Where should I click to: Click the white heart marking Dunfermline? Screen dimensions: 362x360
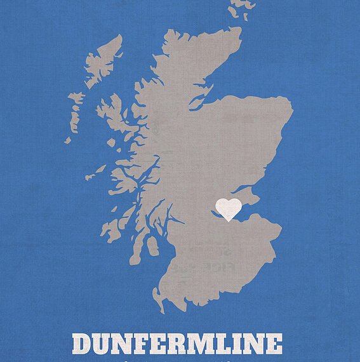pos(229,208)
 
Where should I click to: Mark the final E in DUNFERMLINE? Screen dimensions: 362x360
pos(273,344)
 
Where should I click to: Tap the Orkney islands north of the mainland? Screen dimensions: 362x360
pos(241,9)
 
